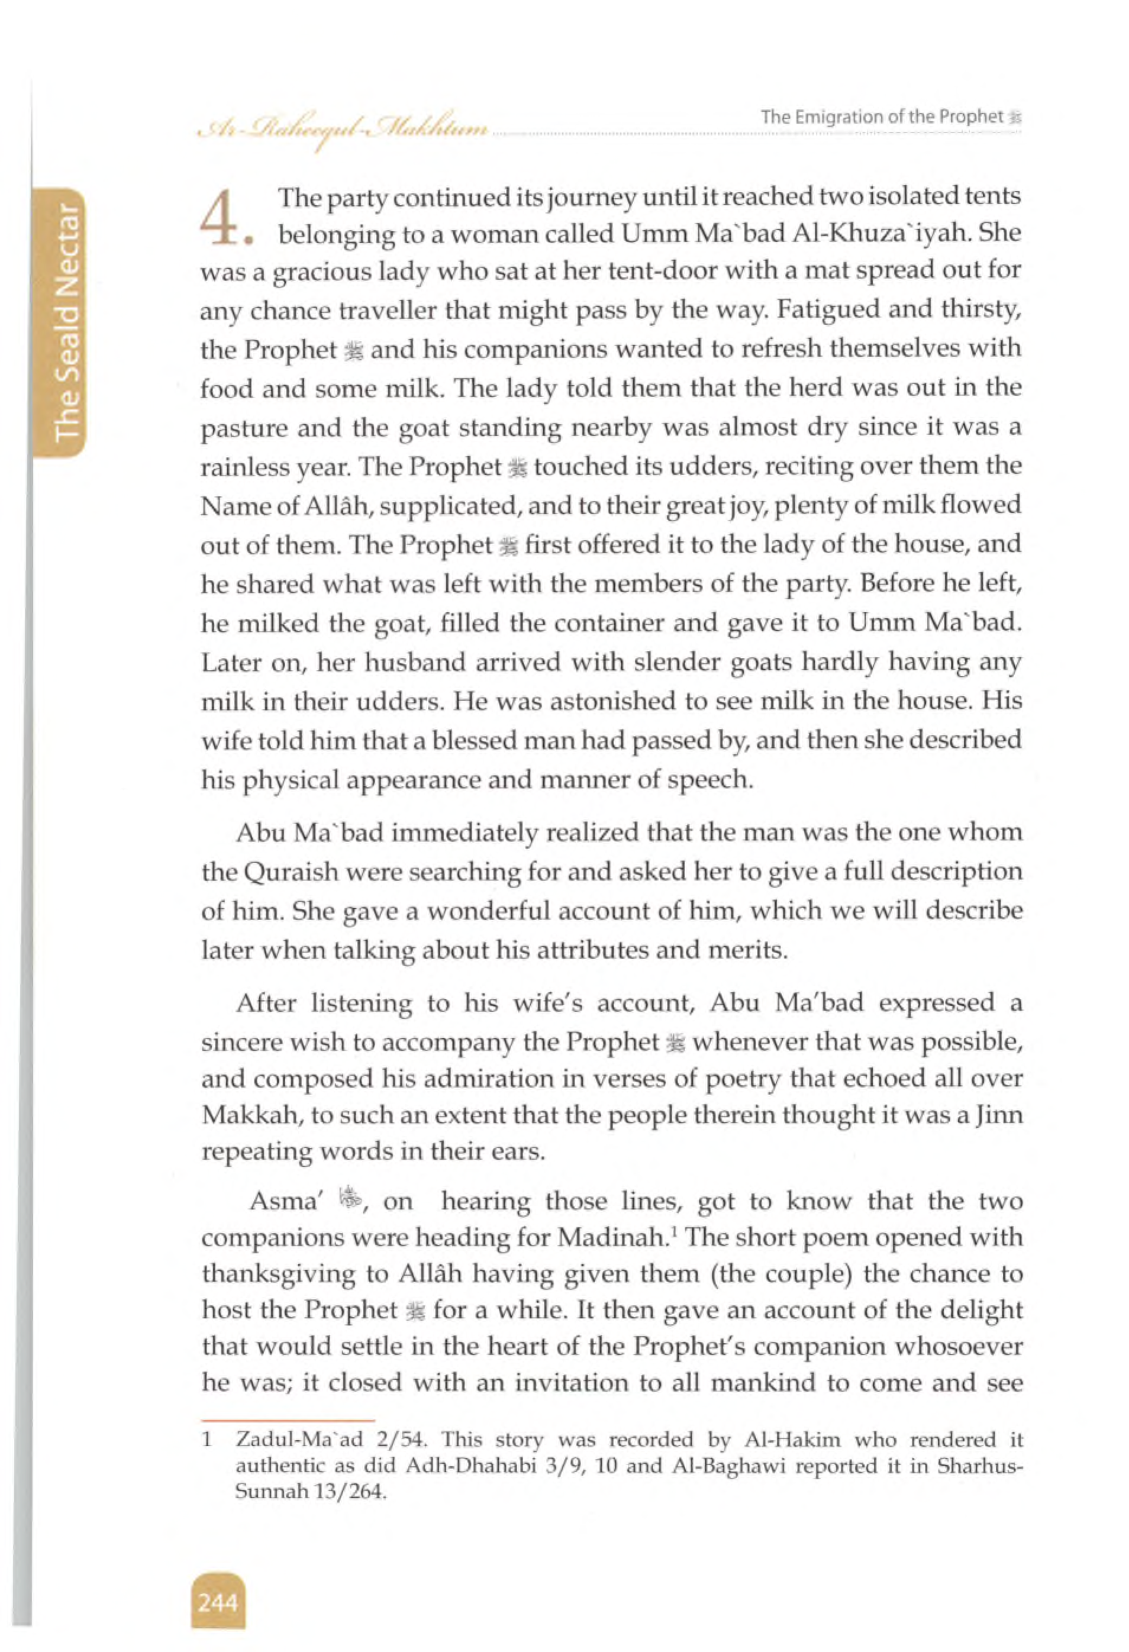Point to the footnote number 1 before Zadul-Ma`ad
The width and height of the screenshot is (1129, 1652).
click(207, 1440)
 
